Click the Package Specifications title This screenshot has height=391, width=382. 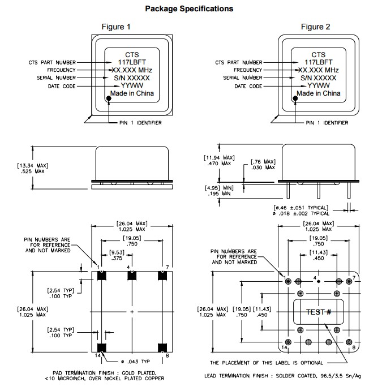tap(189, 8)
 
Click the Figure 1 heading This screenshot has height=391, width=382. tap(115, 27)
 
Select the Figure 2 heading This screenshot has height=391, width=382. tap(315, 27)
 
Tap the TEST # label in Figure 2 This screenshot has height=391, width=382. tap(317, 312)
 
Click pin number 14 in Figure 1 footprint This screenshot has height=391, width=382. tap(98, 355)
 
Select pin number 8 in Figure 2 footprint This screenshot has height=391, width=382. tap(354, 348)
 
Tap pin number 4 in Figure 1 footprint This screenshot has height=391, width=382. tap(129, 267)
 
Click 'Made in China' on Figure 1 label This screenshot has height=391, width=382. tap(132, 93)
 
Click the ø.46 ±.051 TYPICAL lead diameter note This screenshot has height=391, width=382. tap(302, 209)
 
